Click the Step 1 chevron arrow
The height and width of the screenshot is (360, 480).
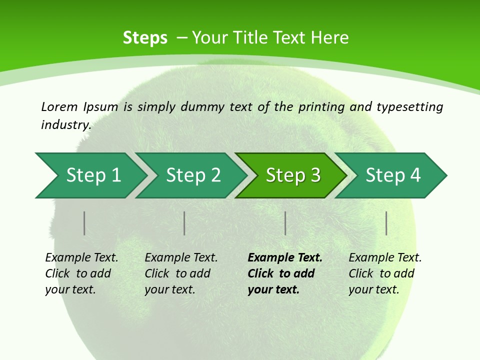90,175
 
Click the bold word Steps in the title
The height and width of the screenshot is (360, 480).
145,38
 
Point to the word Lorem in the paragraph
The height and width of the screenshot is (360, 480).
59,106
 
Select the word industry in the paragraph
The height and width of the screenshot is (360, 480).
66,124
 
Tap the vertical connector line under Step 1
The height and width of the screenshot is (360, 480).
84,223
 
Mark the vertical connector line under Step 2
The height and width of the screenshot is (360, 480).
184,223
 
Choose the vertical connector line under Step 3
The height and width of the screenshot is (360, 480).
285,223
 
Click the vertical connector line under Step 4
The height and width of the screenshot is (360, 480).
386,223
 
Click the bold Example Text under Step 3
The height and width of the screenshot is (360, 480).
285,258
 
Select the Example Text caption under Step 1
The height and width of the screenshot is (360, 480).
81,258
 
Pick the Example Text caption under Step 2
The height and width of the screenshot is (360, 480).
181,258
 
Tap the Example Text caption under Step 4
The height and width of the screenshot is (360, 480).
385,258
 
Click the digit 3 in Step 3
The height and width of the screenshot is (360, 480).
315,175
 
